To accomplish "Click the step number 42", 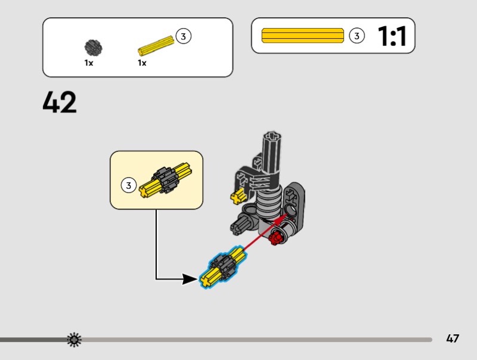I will click(60, 103).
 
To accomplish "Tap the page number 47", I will click(453, 339).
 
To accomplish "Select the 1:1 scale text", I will click(392, 36).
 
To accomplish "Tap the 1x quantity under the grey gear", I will click(89, 63).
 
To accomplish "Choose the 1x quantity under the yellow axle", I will click(142, 63).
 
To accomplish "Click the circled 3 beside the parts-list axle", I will click(183, 37).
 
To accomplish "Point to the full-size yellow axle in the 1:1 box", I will click(303, 36).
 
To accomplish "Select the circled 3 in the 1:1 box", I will click(356, 36).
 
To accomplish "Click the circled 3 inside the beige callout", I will click(128, 185).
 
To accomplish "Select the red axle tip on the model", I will click(275, 239).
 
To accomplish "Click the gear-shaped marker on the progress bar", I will click(74, 340).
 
